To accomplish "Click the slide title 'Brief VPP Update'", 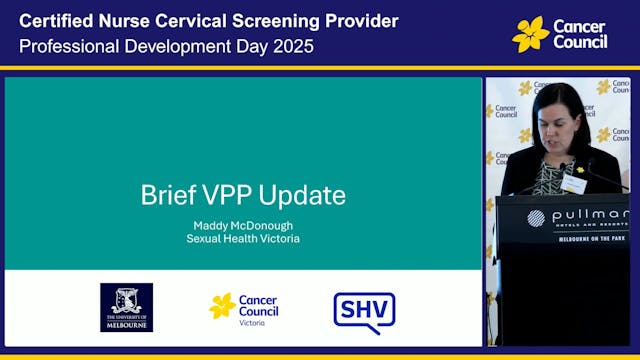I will click(x=243, y=194).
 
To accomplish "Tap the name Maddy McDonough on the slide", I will click(x=243, y=225).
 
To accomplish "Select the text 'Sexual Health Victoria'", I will click(x=243, y=239).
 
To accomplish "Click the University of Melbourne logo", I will click(x=126, y=307).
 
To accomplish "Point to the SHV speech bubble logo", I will click(x=363, y=312).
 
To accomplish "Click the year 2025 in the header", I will click(x=290, y=46).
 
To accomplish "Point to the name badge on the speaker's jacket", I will click(x=574, y=184).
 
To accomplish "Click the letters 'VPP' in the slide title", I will click(x=234, y=194).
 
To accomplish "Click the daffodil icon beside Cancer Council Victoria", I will click(x=222, y=306).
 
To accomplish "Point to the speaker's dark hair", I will click(x=560, y=100).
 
